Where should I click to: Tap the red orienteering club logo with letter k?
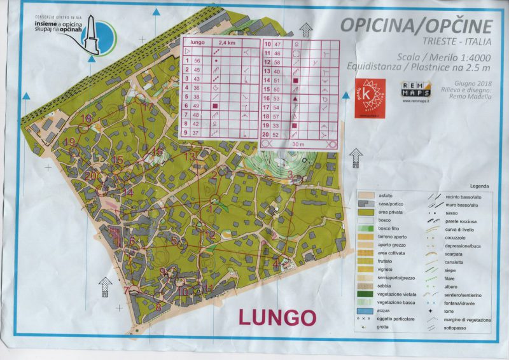tap(367, 95)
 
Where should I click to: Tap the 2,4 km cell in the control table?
tap(218, 43)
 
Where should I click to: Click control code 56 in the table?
tap(197, 60)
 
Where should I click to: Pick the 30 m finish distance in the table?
tap(295, 144)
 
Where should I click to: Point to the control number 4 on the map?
tap(276, 262)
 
